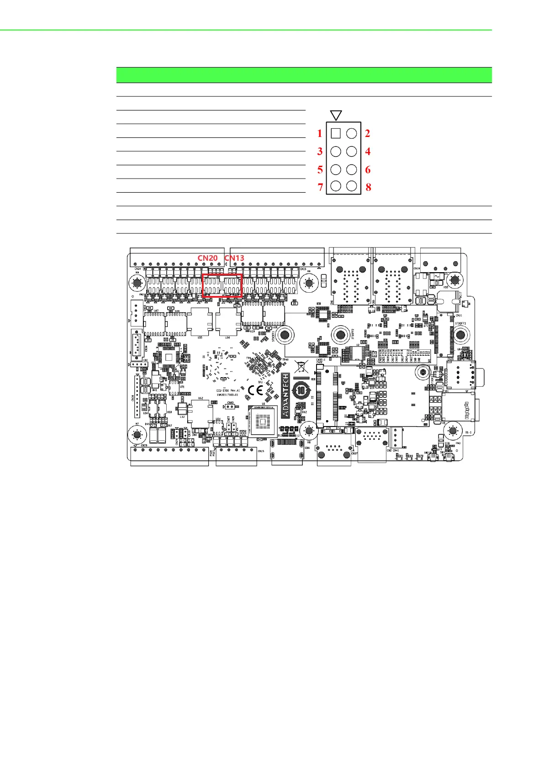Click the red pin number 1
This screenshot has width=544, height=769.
(x=320, y=134)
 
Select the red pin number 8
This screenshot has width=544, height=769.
(x=368, y=187)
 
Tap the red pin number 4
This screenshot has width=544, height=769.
(x=368, y=152)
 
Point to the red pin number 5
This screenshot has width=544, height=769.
(x=320, y=170)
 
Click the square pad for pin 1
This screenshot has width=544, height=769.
(x=336, y=133)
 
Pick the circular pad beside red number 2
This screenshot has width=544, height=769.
(x=351, y=133)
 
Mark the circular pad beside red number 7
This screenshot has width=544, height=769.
(x=336, y=186)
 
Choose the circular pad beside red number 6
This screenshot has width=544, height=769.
(x=351, y=169)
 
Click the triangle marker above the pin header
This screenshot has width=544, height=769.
(x=336, y=115)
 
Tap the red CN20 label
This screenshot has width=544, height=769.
(x=207, y=258)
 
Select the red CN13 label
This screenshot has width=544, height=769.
(x=234, y=258)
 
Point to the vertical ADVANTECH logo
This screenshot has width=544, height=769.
(x=285, y=395)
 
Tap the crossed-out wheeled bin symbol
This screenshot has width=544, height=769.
(x=301, y=366)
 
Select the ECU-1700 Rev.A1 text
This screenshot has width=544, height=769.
(x=228, y=390)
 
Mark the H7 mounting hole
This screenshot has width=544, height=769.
(x=135, y=432)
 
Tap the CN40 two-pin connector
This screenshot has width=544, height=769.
(x=231, y=407)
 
